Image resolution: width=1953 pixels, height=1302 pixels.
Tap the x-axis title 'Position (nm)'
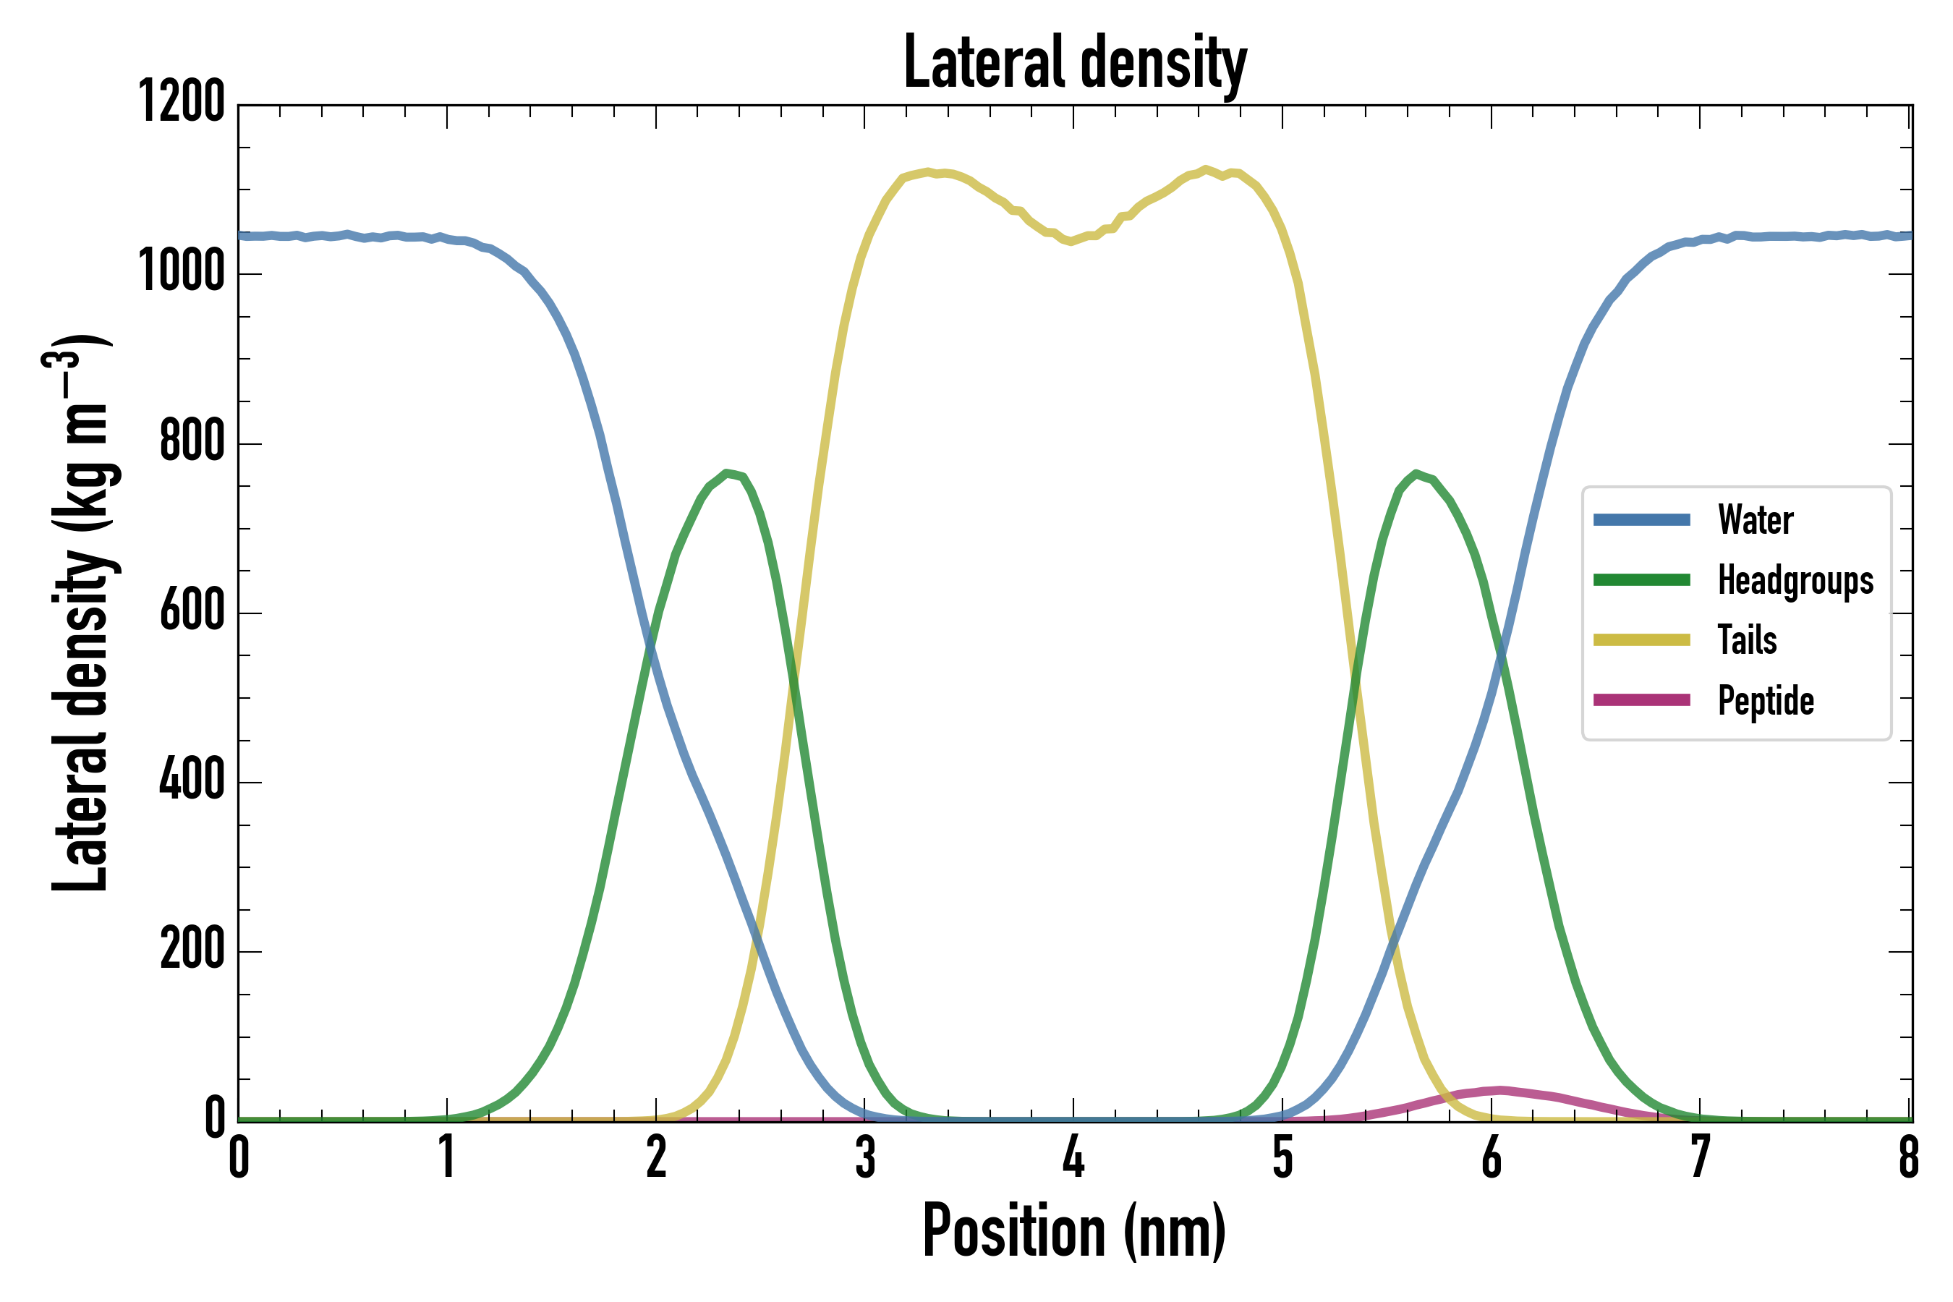(1074, 1230)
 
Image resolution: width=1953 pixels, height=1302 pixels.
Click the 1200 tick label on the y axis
(181, 103)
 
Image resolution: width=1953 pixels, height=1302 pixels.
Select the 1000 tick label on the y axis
(181, 273)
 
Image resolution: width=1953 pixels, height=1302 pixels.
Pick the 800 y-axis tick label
(192, 442)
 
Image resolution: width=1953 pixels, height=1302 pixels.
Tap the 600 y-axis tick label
(192, 612)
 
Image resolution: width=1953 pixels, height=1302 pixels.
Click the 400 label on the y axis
(192, 781)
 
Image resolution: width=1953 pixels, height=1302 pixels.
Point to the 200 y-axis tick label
(192, 950)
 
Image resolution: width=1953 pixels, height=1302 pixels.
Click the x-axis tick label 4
(1073, 1157)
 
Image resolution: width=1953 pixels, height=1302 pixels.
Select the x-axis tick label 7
(1700, 1157)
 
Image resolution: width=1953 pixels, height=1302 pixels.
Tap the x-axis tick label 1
(448, 1157)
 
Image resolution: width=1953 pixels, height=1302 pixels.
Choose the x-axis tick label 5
(1283, 1157)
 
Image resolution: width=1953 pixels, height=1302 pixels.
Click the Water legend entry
(1755, 521)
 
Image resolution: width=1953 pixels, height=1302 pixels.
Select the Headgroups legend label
(1795, 580)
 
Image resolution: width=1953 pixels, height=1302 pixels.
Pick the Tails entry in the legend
(1747, 640)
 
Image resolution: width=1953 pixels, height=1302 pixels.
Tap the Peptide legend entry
(1766, 701)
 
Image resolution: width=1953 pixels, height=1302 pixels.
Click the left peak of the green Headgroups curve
(726, 473)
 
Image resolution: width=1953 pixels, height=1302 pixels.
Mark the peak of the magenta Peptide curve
(1499, 1090)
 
